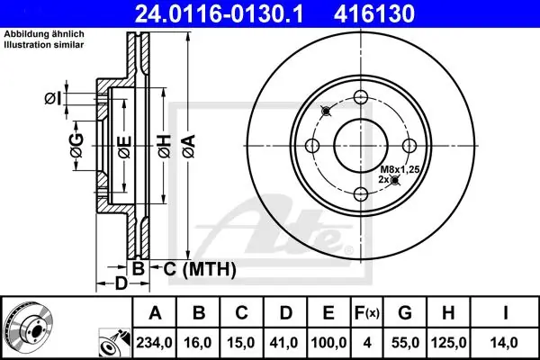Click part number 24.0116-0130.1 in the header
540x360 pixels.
(219, 13)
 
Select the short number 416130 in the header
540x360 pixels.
(374, 13)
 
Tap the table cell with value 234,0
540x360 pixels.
(154, 342)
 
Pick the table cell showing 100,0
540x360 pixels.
(328, 342)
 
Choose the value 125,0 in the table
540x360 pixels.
(448, 342)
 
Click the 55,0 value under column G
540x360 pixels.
(405, 342)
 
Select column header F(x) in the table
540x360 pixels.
(367, 313)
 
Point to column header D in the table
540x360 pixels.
(285, 313)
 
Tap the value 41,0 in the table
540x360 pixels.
(285, 342)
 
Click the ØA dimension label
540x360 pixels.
(189, 147)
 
